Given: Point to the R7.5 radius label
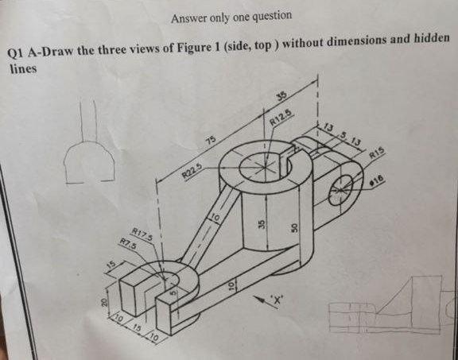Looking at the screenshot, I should pyautogui.click(x=126, y=244).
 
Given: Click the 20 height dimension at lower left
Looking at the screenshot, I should pyautogui.click(x=105, y=304).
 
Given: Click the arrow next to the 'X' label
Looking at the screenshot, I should pyautogui.click(x=261, y=296).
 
